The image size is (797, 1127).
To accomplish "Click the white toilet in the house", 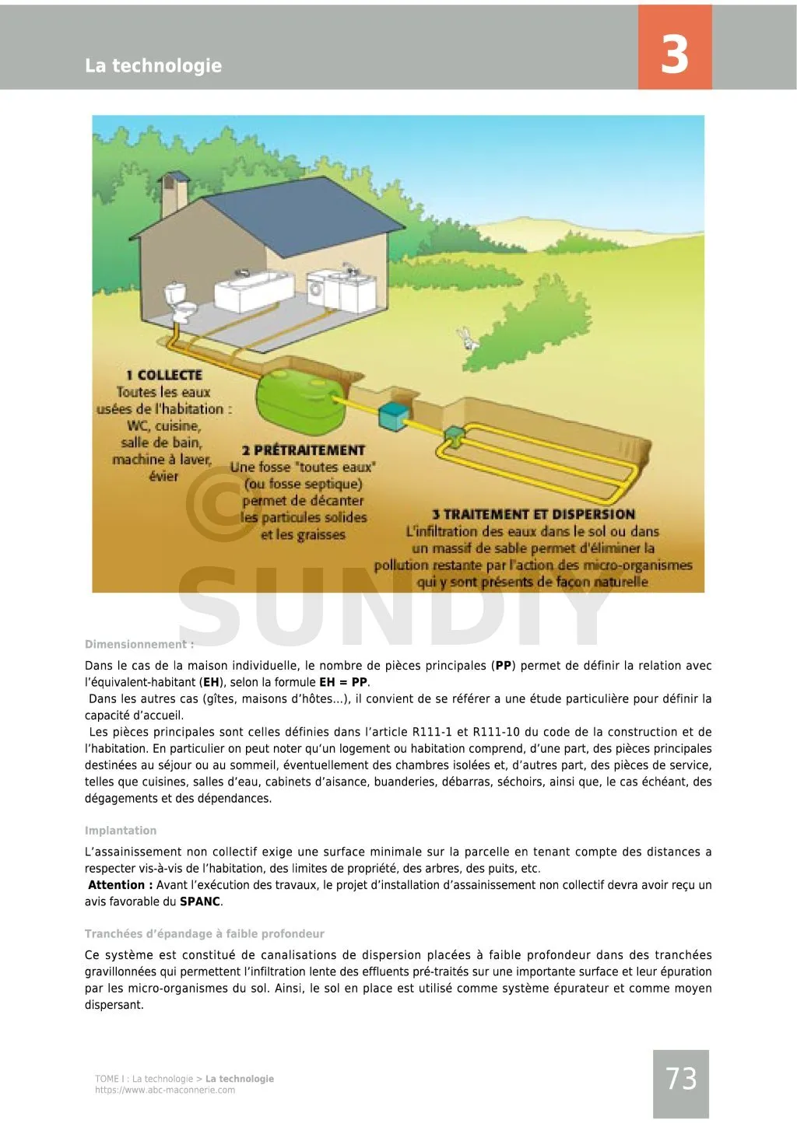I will pos(178,302).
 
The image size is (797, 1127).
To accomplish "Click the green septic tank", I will pos(299,397).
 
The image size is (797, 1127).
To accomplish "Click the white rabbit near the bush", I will pos(468,338).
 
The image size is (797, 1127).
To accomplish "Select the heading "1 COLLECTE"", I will pos(164,375).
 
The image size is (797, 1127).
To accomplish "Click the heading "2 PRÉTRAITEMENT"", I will pos(303,450).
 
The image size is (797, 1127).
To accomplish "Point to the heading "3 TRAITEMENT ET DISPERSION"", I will pos(534,514).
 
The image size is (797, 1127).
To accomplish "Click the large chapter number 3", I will pos(674,54).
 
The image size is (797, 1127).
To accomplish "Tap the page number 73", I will pos(681,1079).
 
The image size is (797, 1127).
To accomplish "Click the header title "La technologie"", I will pos(153,65).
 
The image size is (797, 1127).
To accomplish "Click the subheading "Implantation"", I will pos(121,831).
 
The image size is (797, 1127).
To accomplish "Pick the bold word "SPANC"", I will pos(200,901).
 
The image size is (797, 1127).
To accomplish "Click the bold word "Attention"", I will pos(116,885).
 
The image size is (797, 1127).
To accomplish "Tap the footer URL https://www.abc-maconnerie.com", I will pos(165,1090).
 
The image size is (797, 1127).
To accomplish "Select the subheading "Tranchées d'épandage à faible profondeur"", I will pos(205,933).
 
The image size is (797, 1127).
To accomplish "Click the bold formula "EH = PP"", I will pos(342,682).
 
